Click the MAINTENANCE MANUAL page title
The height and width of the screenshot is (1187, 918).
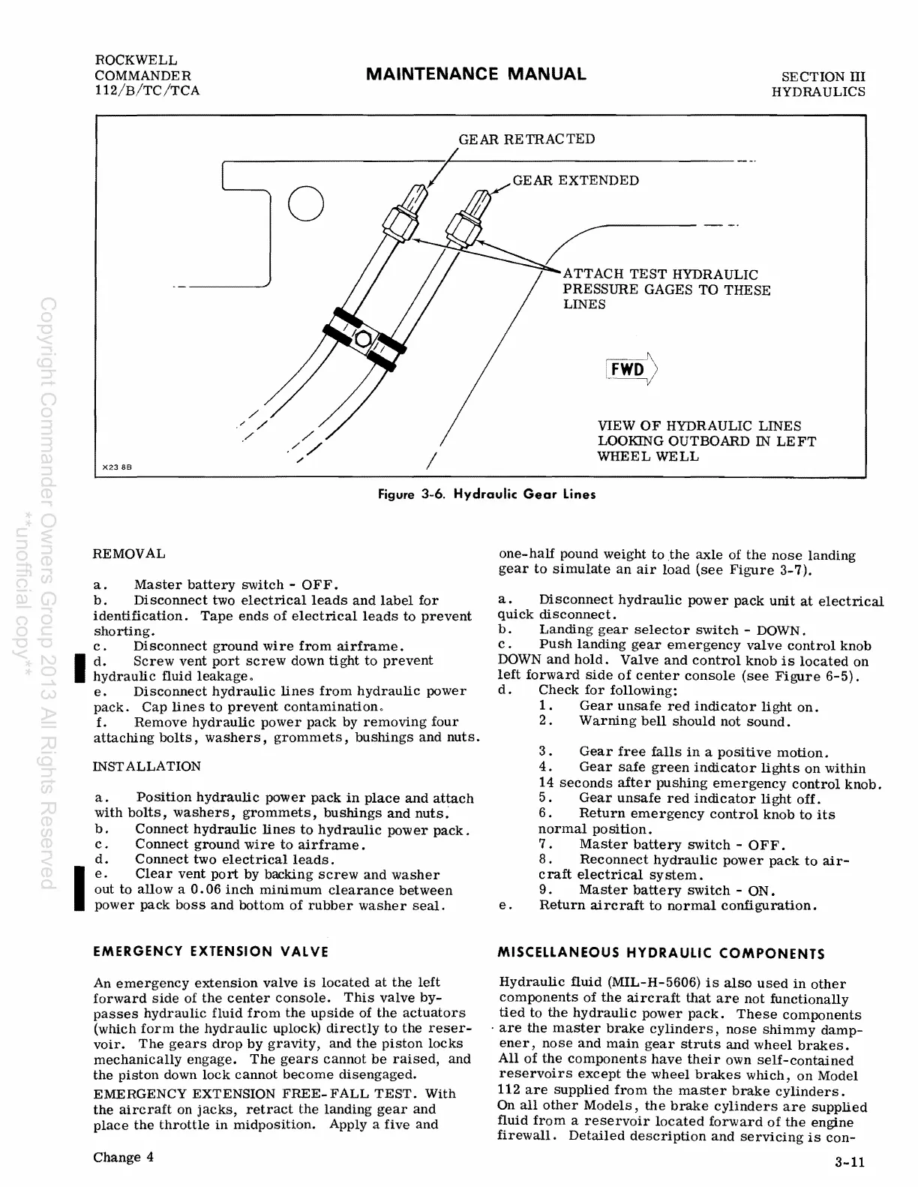click(x=475, y=74)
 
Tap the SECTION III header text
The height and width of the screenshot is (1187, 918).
click(x=823, y=77)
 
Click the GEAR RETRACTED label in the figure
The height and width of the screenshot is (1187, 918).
click(x=526, y=139)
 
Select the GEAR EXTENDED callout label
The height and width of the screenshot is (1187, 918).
click(x=575, y=180)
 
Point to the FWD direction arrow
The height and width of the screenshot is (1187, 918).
click(x=631, y=369)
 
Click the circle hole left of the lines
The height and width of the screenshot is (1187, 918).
click(x=306, y=203)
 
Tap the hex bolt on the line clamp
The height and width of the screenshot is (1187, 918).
click(x=364, y=338)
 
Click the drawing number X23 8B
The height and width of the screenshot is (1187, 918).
click(x=116, y=466)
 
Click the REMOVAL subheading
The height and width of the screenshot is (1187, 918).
click(x=129, y=554)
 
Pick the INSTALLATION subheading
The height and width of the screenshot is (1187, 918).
click(x=147, y=766)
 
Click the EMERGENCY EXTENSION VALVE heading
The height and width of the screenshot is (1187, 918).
click(x=211, y=951)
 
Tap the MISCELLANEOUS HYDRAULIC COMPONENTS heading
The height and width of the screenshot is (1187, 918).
click(x=661, y=954)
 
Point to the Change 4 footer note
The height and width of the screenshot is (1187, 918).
click(x=124, y=1156)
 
